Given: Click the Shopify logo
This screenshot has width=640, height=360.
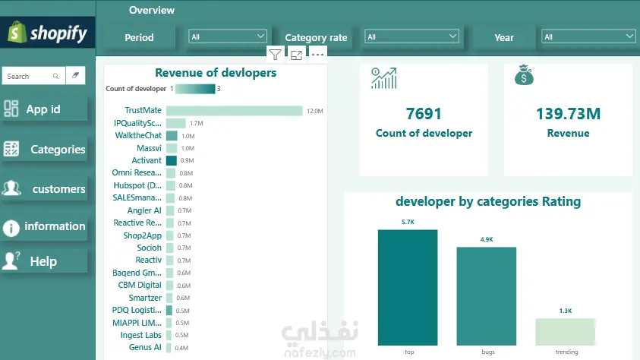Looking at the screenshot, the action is [x=47, y=33].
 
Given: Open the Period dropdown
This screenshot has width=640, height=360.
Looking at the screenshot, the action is [x=227, y=36].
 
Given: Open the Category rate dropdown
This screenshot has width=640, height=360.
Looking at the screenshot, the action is [x=411, y=36].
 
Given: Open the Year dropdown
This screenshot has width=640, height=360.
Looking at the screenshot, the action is [x=588, y=36].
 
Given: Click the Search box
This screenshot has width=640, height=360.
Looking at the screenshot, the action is [x=33, y=76].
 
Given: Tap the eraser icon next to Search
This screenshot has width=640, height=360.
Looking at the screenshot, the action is [x=75, y=75].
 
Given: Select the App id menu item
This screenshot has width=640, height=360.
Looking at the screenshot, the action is [x=44, y=109].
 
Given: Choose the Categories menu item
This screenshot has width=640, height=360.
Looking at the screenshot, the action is [x=44, y=149].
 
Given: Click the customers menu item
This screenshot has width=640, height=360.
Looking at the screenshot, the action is [x=44, y=188].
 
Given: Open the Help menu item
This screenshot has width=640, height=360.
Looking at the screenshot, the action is [x=44, y=261].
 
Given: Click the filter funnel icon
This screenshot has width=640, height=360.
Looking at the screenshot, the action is [x=275, y=55].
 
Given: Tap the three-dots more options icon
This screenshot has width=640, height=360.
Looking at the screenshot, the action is [x=317, y=55].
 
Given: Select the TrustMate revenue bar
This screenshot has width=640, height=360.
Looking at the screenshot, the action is [x=235, y=111].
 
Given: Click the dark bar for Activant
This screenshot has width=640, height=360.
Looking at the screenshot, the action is [x=172, y=160].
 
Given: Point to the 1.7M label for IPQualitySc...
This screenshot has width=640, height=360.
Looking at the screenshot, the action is [x=197, y=123].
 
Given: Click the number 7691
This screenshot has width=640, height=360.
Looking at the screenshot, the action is [x=424, y=114].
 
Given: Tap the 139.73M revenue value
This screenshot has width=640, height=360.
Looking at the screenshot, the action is [x=568, y=114].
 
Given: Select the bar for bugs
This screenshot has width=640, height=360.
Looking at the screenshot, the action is [x=487, y=296].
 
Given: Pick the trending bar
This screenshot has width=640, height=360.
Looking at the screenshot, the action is [x=566, y=332].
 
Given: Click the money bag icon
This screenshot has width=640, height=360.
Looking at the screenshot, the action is [x=524, y=75].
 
